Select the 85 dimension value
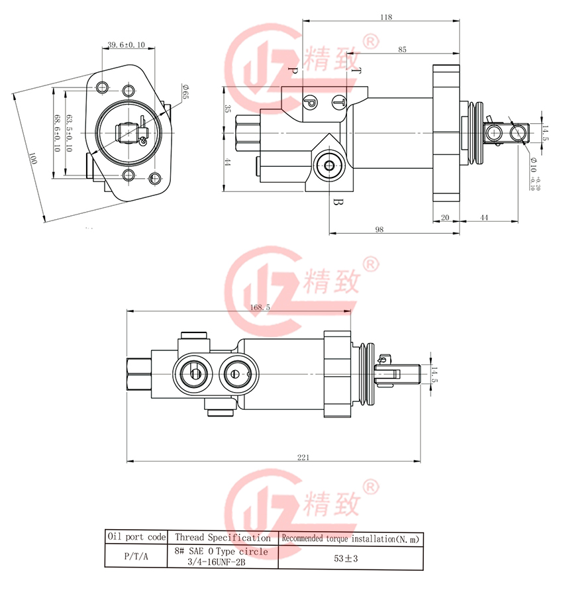pyautogui.click(x=403, y=50)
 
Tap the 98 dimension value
pyautogui.click(x=380, y=229)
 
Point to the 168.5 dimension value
pyautogui.click(x=261, y=307)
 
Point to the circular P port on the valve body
pyautogui.click(x=309, y=101)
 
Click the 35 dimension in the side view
pyautogui.click(x=228, y=109)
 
